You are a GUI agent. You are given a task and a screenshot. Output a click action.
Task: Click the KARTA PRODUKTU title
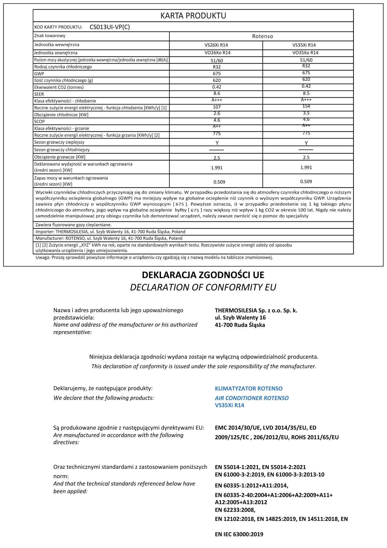coord(193,16)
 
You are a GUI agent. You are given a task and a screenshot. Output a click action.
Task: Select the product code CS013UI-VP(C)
coord(110,27)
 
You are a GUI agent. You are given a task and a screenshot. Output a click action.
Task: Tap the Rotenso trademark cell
coord(262,36)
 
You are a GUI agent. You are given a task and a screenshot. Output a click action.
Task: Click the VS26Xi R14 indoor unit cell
coord(216,45)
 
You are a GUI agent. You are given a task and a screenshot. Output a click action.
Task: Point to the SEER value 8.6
coord(217,93)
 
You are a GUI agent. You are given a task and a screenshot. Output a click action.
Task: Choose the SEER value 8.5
coord(306,93)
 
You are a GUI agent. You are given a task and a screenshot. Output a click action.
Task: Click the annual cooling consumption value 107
coord(217,107)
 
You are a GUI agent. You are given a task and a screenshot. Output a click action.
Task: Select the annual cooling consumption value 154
coord(306,106)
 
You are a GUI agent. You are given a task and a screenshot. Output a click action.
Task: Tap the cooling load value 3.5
coord(306,113)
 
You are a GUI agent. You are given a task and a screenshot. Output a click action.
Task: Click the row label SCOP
coord(39,121)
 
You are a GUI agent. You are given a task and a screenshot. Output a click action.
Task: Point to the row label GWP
coord(39,74)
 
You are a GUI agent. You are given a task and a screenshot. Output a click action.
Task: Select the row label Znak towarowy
coord(50,36)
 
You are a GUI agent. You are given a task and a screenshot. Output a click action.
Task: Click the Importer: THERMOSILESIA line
coord(110,232)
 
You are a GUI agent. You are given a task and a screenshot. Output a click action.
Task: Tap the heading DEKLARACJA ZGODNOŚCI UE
coord(203,275)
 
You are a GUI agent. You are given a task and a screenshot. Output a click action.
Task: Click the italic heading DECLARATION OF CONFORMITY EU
coord(203,287)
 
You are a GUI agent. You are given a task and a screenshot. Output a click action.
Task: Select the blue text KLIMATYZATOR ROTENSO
coord(249,389)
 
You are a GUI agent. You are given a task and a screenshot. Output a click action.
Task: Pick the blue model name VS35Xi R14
coord(229,405)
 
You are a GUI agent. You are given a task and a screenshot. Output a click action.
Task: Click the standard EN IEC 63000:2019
coord(239,534)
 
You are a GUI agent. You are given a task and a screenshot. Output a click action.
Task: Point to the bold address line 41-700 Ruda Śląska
coord(240,325)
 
